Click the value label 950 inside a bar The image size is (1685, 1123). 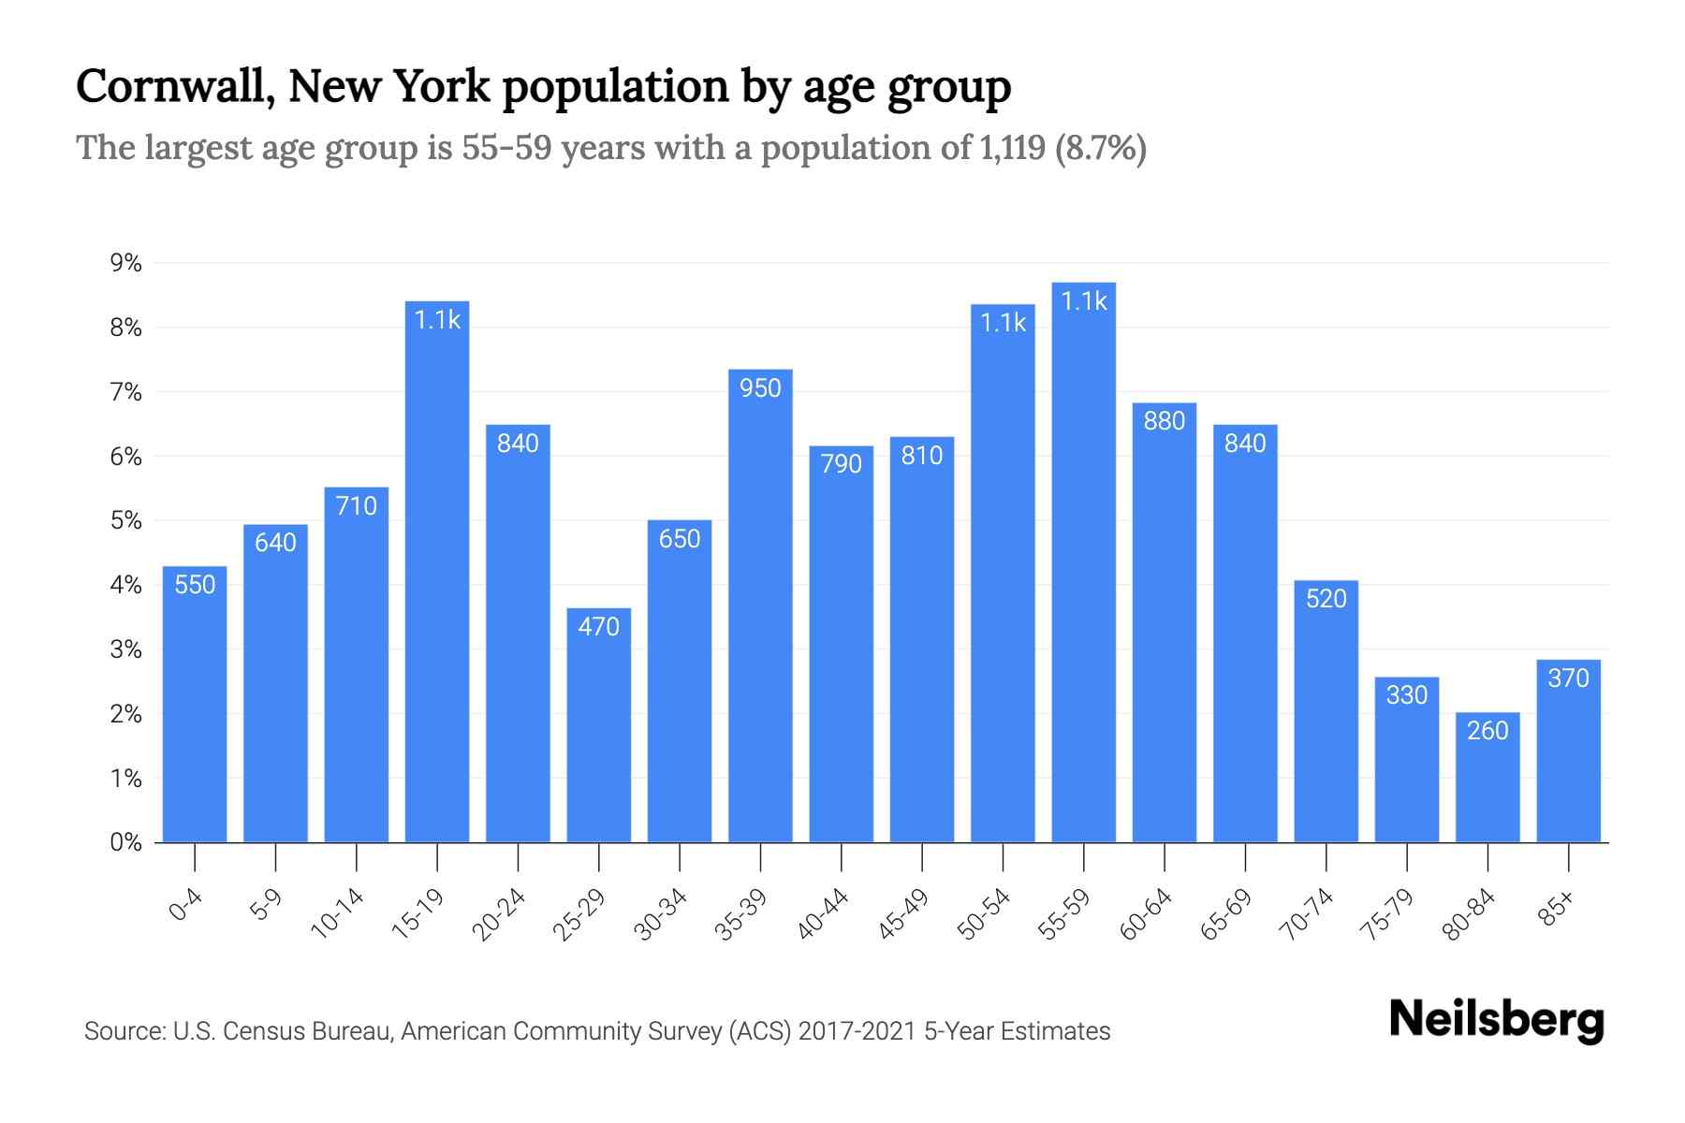pos(760,387)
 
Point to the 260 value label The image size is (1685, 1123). pos(1487,730)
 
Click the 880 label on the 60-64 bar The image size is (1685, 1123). pos(1165,421)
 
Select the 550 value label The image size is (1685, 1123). pos(195,585)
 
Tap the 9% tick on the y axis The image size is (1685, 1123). pos(125,263)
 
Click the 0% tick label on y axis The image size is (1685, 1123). pos(125,842)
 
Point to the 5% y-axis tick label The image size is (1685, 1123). pos(125,520)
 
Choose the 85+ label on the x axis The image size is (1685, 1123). pos(1557,909)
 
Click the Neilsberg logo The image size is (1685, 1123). pos(1496,1019)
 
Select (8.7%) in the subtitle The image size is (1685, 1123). pos(1101,148)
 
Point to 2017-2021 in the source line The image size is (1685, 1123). pos(857,1031)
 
